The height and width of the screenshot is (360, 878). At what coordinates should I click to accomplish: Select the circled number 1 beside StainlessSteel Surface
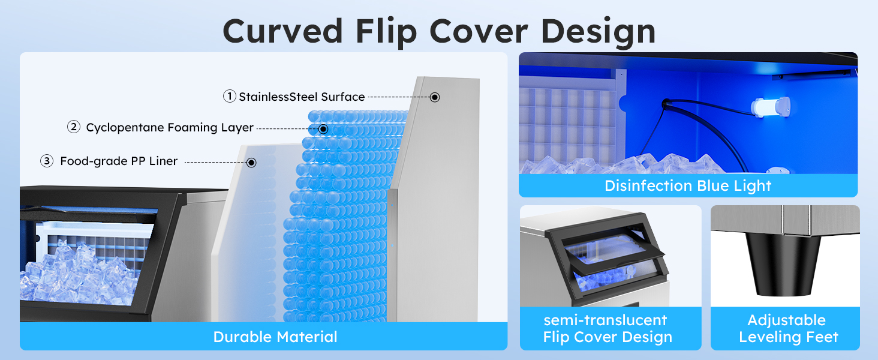coord(229,96)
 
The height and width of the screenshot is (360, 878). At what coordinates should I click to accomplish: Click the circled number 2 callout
coord(74,127)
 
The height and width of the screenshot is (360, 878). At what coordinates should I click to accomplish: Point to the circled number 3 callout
coord(47,161)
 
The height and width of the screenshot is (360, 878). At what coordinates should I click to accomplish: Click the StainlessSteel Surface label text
coord(302,97)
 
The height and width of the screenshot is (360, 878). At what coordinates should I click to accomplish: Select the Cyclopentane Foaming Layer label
coord(170,128)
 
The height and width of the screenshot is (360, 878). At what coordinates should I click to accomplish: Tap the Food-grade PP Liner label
coord(119,161)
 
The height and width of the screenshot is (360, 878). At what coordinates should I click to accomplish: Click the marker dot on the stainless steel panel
coord(435,97)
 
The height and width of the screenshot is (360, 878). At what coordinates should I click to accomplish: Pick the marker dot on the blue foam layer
coord(323,128)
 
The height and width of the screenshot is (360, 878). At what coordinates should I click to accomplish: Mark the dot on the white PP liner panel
coord(252,162)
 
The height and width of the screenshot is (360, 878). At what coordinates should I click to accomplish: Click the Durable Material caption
coord(275,337)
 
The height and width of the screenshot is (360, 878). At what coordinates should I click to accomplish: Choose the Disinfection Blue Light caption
coord(688,185)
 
